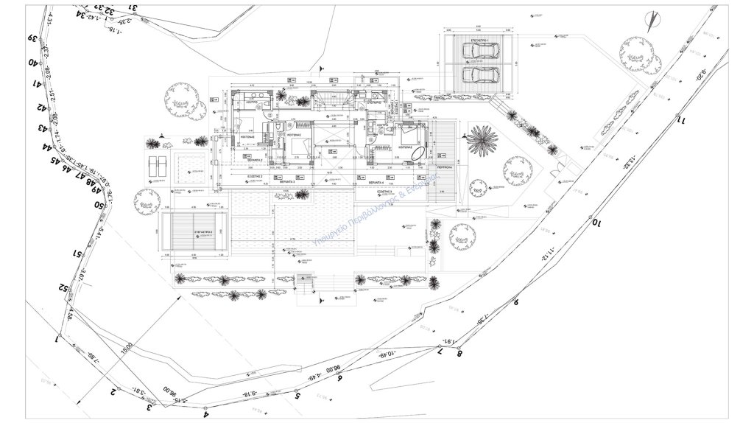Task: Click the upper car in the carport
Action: click(x=480, y=51)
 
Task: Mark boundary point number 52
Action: click(x=64, y=287)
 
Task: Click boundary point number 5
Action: click(x=297, y=396)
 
